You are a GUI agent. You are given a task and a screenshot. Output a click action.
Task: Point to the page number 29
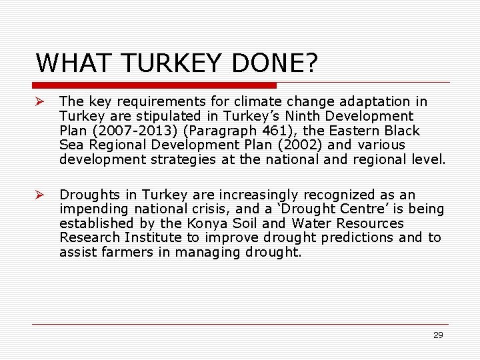[438, 335]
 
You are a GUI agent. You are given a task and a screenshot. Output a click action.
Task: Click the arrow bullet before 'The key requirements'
[40, 101]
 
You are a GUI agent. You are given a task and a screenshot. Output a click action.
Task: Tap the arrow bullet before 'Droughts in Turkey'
[40, 195]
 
